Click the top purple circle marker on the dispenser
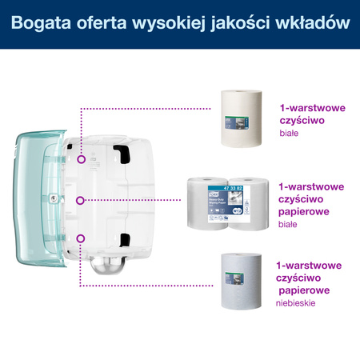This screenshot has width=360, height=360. [x=81, y=159]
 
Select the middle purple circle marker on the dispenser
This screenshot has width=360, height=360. [x=81, y=199]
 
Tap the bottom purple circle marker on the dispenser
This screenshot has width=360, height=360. [x=81, y=238]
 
